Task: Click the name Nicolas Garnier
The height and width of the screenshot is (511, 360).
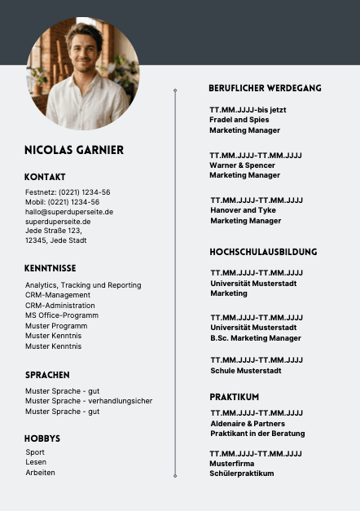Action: click(x=74, y=150)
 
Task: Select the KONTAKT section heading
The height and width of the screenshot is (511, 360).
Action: click(x=45, y=177)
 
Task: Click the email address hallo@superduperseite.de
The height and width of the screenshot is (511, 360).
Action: click(x=69, y=212)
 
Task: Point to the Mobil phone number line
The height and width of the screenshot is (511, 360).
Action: click(x=62, y=202)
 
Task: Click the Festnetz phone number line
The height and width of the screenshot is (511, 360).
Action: click(x=68, y=192)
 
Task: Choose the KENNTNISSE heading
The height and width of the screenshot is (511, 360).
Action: click(x=50, y=267)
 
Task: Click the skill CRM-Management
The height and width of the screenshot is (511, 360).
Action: click(x=58, y=295)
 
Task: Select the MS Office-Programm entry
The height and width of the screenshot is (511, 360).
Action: click(x=62, y=315)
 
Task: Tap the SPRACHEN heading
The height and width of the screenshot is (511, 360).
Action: click(x=47, y=375)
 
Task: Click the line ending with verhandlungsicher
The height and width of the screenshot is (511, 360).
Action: click(x=89, y=401)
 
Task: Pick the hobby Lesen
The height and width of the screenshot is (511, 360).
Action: click(x=36, y=462)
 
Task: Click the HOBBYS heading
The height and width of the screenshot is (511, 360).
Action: click(x=42, y=438)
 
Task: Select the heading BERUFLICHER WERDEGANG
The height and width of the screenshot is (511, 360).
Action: click(x=265, y=88)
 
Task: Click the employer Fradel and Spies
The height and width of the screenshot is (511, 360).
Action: click(x=239, y=120)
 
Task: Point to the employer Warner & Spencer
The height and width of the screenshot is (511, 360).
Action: click(x=243, y=165)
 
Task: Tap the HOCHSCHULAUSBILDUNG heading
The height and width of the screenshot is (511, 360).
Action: click(x=263, y=252)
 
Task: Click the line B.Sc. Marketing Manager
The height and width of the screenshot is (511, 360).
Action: click(x=255, y=338)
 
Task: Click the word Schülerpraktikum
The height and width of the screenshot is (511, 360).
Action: click(x=242, y=474)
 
